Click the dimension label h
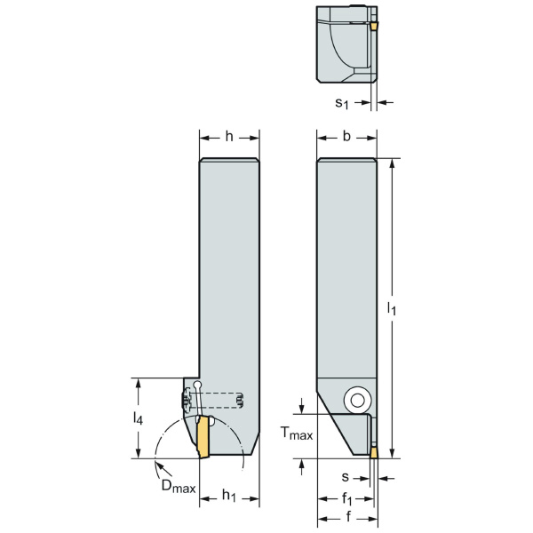click(229, 137)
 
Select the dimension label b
click(346, 136)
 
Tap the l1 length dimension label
click(392, 308)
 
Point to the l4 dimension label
click(138, 418)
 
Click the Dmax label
click(179, 486)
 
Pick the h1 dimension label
click(229, 496)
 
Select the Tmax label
click(297, 434)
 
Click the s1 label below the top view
click(342, 103)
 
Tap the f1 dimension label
click(346, 498)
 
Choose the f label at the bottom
click(348, 517)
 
